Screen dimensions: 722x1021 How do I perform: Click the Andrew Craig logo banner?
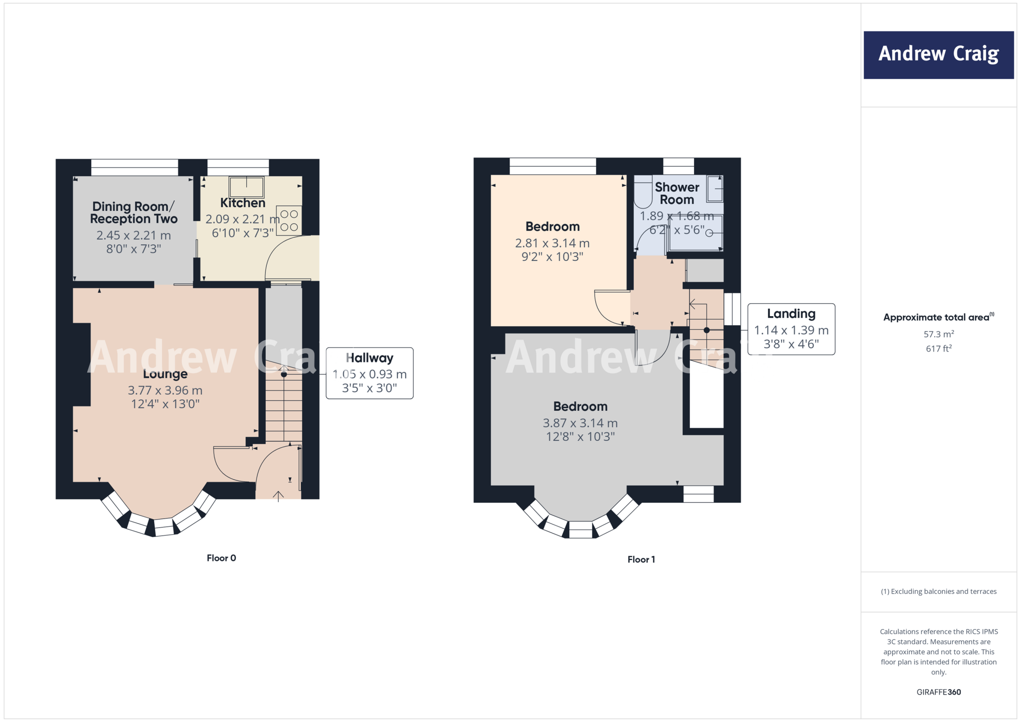coord(938,55)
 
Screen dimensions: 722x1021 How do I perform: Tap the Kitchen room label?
coord(243,203)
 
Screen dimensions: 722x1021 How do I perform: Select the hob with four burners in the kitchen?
coord(289,220)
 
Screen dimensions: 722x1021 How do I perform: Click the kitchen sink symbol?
coord(246,186)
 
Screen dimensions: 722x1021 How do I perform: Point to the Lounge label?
coord(165,374)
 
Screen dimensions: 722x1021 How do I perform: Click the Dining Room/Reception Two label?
coord(134,212)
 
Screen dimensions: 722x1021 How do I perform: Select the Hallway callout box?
coord(369,373)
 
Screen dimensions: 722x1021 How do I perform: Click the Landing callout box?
coord(791,329)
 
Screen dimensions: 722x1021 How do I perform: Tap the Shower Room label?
coord(677,193)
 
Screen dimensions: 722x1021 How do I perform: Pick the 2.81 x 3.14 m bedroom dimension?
coord(552,243)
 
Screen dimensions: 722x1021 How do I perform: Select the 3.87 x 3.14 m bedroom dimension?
coord(580,423)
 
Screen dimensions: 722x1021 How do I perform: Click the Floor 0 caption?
coord(221,558)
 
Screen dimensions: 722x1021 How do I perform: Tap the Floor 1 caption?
coord(641,559)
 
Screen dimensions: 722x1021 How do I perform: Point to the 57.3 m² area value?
coord(939,334)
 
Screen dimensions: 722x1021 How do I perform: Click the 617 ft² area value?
coord(939,349)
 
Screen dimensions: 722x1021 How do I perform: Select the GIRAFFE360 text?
coord(939,692)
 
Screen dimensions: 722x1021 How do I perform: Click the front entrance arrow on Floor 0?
coord(278,495)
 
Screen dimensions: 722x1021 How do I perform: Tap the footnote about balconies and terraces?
coord(939,591)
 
